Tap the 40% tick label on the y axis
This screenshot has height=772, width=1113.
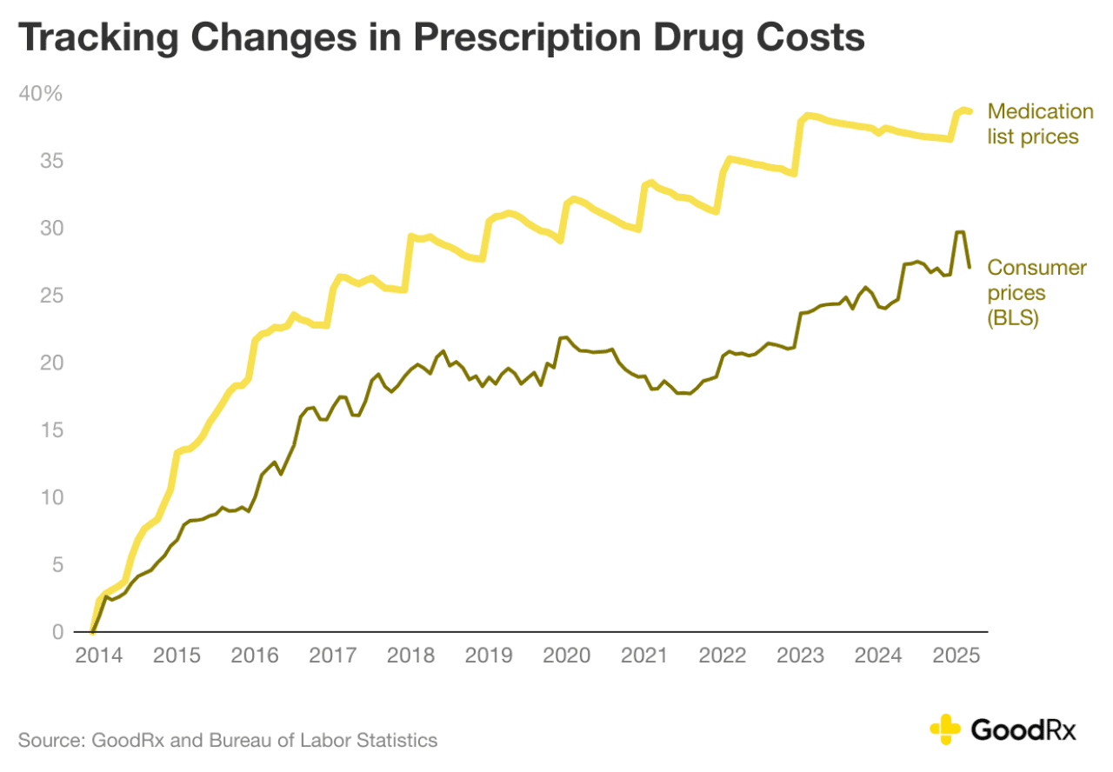pyautogui.click(x=41, y=94)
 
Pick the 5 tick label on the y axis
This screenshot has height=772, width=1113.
pyautogui.click(x=57, y=565)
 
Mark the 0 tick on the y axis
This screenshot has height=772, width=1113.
pyautogui.click(x=57, y=632)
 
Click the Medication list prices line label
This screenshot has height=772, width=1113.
pyautogui.click(x=1040, y=124)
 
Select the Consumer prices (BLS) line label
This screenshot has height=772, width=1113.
pyautogui.click(x=1036, y=293)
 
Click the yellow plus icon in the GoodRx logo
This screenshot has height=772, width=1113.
pyautogui.click(x=944, y=729)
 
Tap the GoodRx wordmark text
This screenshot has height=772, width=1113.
pyautogui.click(x=1023, y=729)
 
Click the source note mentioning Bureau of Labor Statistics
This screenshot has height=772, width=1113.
pyautogui.click(x=228, y=741)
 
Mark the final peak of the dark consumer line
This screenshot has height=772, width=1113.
pyautogui.click(x=960, y=232)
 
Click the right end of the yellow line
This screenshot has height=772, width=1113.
pyautogui.click(x=969, y=111)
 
